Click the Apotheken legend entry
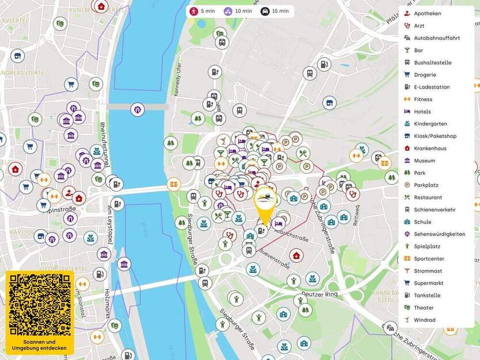[427, 13]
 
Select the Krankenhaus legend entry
[429, 148]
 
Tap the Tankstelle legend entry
[426, 296]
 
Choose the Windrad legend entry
[424, 320]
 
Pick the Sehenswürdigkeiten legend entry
[439, 234]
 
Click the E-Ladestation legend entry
[431, 87]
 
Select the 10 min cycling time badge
[237, 11]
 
